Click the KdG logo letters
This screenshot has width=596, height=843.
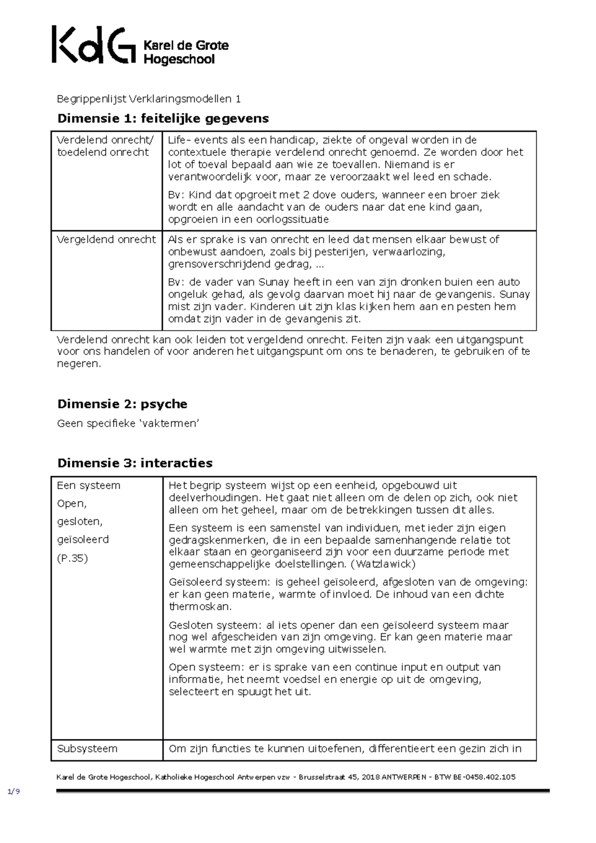[x=93, y=45]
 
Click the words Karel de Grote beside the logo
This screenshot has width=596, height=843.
[x=186, y=45]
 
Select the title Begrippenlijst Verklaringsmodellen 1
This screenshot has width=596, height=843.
[x=149, y=99]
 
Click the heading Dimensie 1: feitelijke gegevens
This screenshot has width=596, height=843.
[x=163, y=118]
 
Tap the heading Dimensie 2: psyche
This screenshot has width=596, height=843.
[x=122, y=404]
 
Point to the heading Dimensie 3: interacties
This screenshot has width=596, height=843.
[x=135, y=463]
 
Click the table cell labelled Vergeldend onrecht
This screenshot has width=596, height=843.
[x=106, y=239]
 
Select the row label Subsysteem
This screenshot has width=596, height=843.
[x=87, y=749]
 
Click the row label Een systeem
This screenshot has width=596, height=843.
[x=88, y=485]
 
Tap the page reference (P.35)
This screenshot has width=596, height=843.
[x=72, y=558]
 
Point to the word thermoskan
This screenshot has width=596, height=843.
[x=200, y=607]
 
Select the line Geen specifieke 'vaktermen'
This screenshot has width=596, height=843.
[x=128, y=423]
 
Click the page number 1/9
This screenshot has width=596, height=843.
[x=13, y=791]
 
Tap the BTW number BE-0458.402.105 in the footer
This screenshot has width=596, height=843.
[x=483, y=777]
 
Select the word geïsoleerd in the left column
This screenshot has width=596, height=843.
[x=82, y=539]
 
